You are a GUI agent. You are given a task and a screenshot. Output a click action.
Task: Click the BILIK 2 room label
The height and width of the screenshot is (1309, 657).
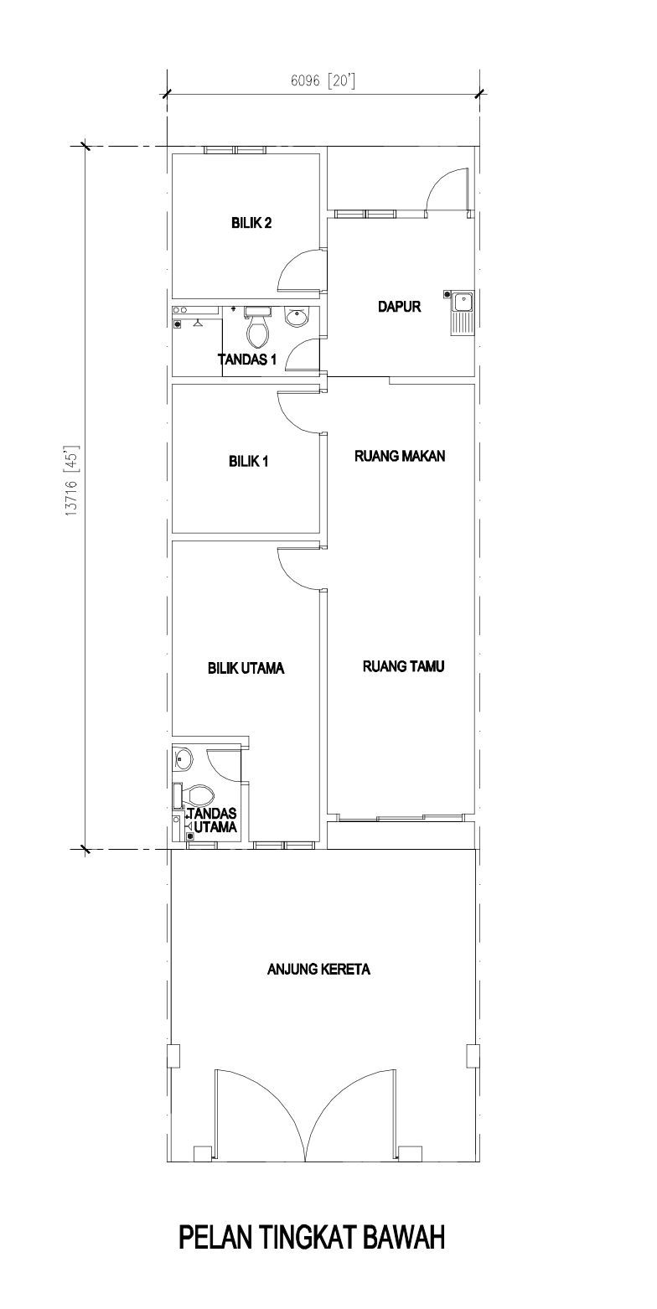pyautogui.click(x=251, y=223)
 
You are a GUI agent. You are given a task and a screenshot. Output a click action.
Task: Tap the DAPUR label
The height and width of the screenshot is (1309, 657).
pyautogui.click(x=399, y=306)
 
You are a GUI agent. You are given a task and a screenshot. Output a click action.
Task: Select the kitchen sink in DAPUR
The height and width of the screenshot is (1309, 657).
pyautogui.click(x=461, y=313)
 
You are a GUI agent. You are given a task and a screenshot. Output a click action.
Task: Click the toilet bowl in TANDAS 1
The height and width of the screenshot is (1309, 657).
pyautogui.click(x=257, y=326)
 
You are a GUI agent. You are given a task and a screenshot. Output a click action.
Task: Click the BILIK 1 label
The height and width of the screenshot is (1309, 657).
pyautogui.click(x=248, y=462)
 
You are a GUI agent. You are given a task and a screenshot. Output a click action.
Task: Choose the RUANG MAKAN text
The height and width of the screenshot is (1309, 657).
pyautogui.click(x=400, y=456)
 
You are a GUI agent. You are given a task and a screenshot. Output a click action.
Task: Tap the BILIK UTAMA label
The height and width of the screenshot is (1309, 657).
pyautogui.click(x=246, y=668)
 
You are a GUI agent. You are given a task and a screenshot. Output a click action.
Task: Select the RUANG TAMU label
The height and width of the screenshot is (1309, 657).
pyautogui.click(x=403, y=666)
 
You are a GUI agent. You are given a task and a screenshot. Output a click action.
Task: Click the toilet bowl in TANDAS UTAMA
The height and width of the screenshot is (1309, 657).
pyautogui.click(x=194, y=794)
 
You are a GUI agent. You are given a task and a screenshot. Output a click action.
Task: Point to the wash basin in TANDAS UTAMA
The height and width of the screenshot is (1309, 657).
pyautogui.click(x=183, y=758)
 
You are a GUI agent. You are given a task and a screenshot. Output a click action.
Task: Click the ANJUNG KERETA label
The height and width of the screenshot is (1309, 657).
pyautogui.click(x=318, y=970)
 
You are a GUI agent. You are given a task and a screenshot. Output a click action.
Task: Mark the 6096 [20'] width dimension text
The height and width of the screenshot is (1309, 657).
pyautogui.click(x=323, y=80)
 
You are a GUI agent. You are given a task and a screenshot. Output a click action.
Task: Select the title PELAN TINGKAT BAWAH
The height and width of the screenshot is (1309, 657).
pyautogui.click(x=312, y=1239)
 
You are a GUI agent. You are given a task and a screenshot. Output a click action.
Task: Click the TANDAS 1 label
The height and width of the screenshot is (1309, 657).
pyautogui.click(x=246, y=360)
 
